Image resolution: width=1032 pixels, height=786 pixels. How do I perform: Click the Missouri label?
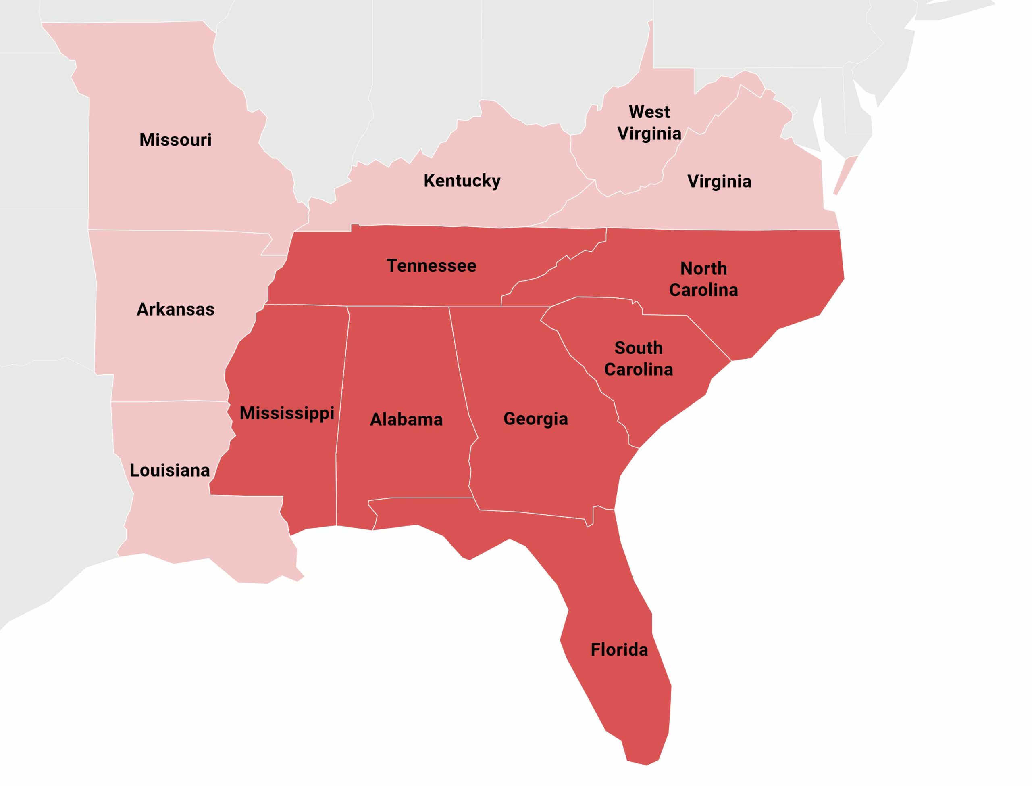[175, 140]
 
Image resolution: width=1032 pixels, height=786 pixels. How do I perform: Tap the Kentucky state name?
[462, 181]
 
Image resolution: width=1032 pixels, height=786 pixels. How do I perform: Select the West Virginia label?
[649, 123]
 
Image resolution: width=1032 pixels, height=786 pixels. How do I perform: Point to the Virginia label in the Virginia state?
[719, 182]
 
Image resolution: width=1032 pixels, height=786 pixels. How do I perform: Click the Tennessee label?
[431, 266]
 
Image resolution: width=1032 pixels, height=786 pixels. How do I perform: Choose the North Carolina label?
[703, 279]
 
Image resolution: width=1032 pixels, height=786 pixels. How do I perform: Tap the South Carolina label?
[639, 359]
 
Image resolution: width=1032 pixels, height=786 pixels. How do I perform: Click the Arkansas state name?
[175, 309]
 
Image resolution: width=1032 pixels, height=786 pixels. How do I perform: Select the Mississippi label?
[287, 413]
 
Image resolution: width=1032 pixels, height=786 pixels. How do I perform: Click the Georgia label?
[536, 419]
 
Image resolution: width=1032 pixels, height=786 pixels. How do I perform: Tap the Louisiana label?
[170, 470]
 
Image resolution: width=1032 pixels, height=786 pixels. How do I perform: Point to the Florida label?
[619, 650]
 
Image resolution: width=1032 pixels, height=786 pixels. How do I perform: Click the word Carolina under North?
[703, 291]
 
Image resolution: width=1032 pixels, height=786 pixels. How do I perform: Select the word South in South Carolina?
[639, 348]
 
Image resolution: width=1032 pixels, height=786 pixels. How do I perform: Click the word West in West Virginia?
[649, 112]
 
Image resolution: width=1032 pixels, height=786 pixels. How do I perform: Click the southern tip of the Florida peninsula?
[645, 763]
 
